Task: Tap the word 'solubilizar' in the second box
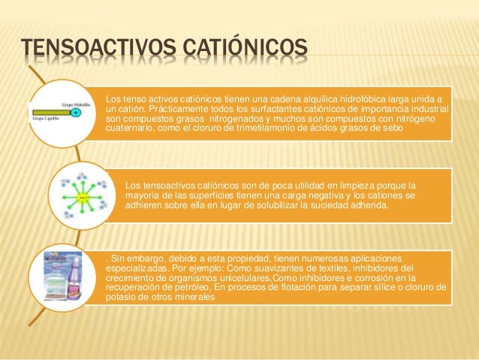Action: pyautogui.click(x=243, y=204)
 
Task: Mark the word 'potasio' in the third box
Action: pyautogui.click(x=122, y=298)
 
